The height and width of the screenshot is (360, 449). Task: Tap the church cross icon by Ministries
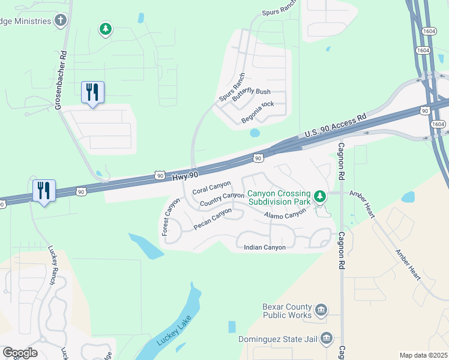pos(60,21)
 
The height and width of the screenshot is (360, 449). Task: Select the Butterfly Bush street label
pos(252,92)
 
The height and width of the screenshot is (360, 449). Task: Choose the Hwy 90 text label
pos(184,174)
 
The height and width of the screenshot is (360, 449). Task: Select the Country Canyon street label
pos(222,199)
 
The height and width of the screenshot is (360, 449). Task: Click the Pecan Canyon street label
pos(212,218)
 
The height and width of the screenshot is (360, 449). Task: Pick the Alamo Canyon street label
pos(285,215)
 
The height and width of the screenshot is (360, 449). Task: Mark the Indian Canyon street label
pos(265,247)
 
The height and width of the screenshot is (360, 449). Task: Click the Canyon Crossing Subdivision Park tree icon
pos(321,196)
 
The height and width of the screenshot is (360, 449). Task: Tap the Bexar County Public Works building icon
pos(321,310)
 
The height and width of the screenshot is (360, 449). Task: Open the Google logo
pos(20,353)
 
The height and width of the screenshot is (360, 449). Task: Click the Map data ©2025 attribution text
pos(423,355)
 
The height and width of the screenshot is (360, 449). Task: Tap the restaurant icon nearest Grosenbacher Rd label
pos(92,92)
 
